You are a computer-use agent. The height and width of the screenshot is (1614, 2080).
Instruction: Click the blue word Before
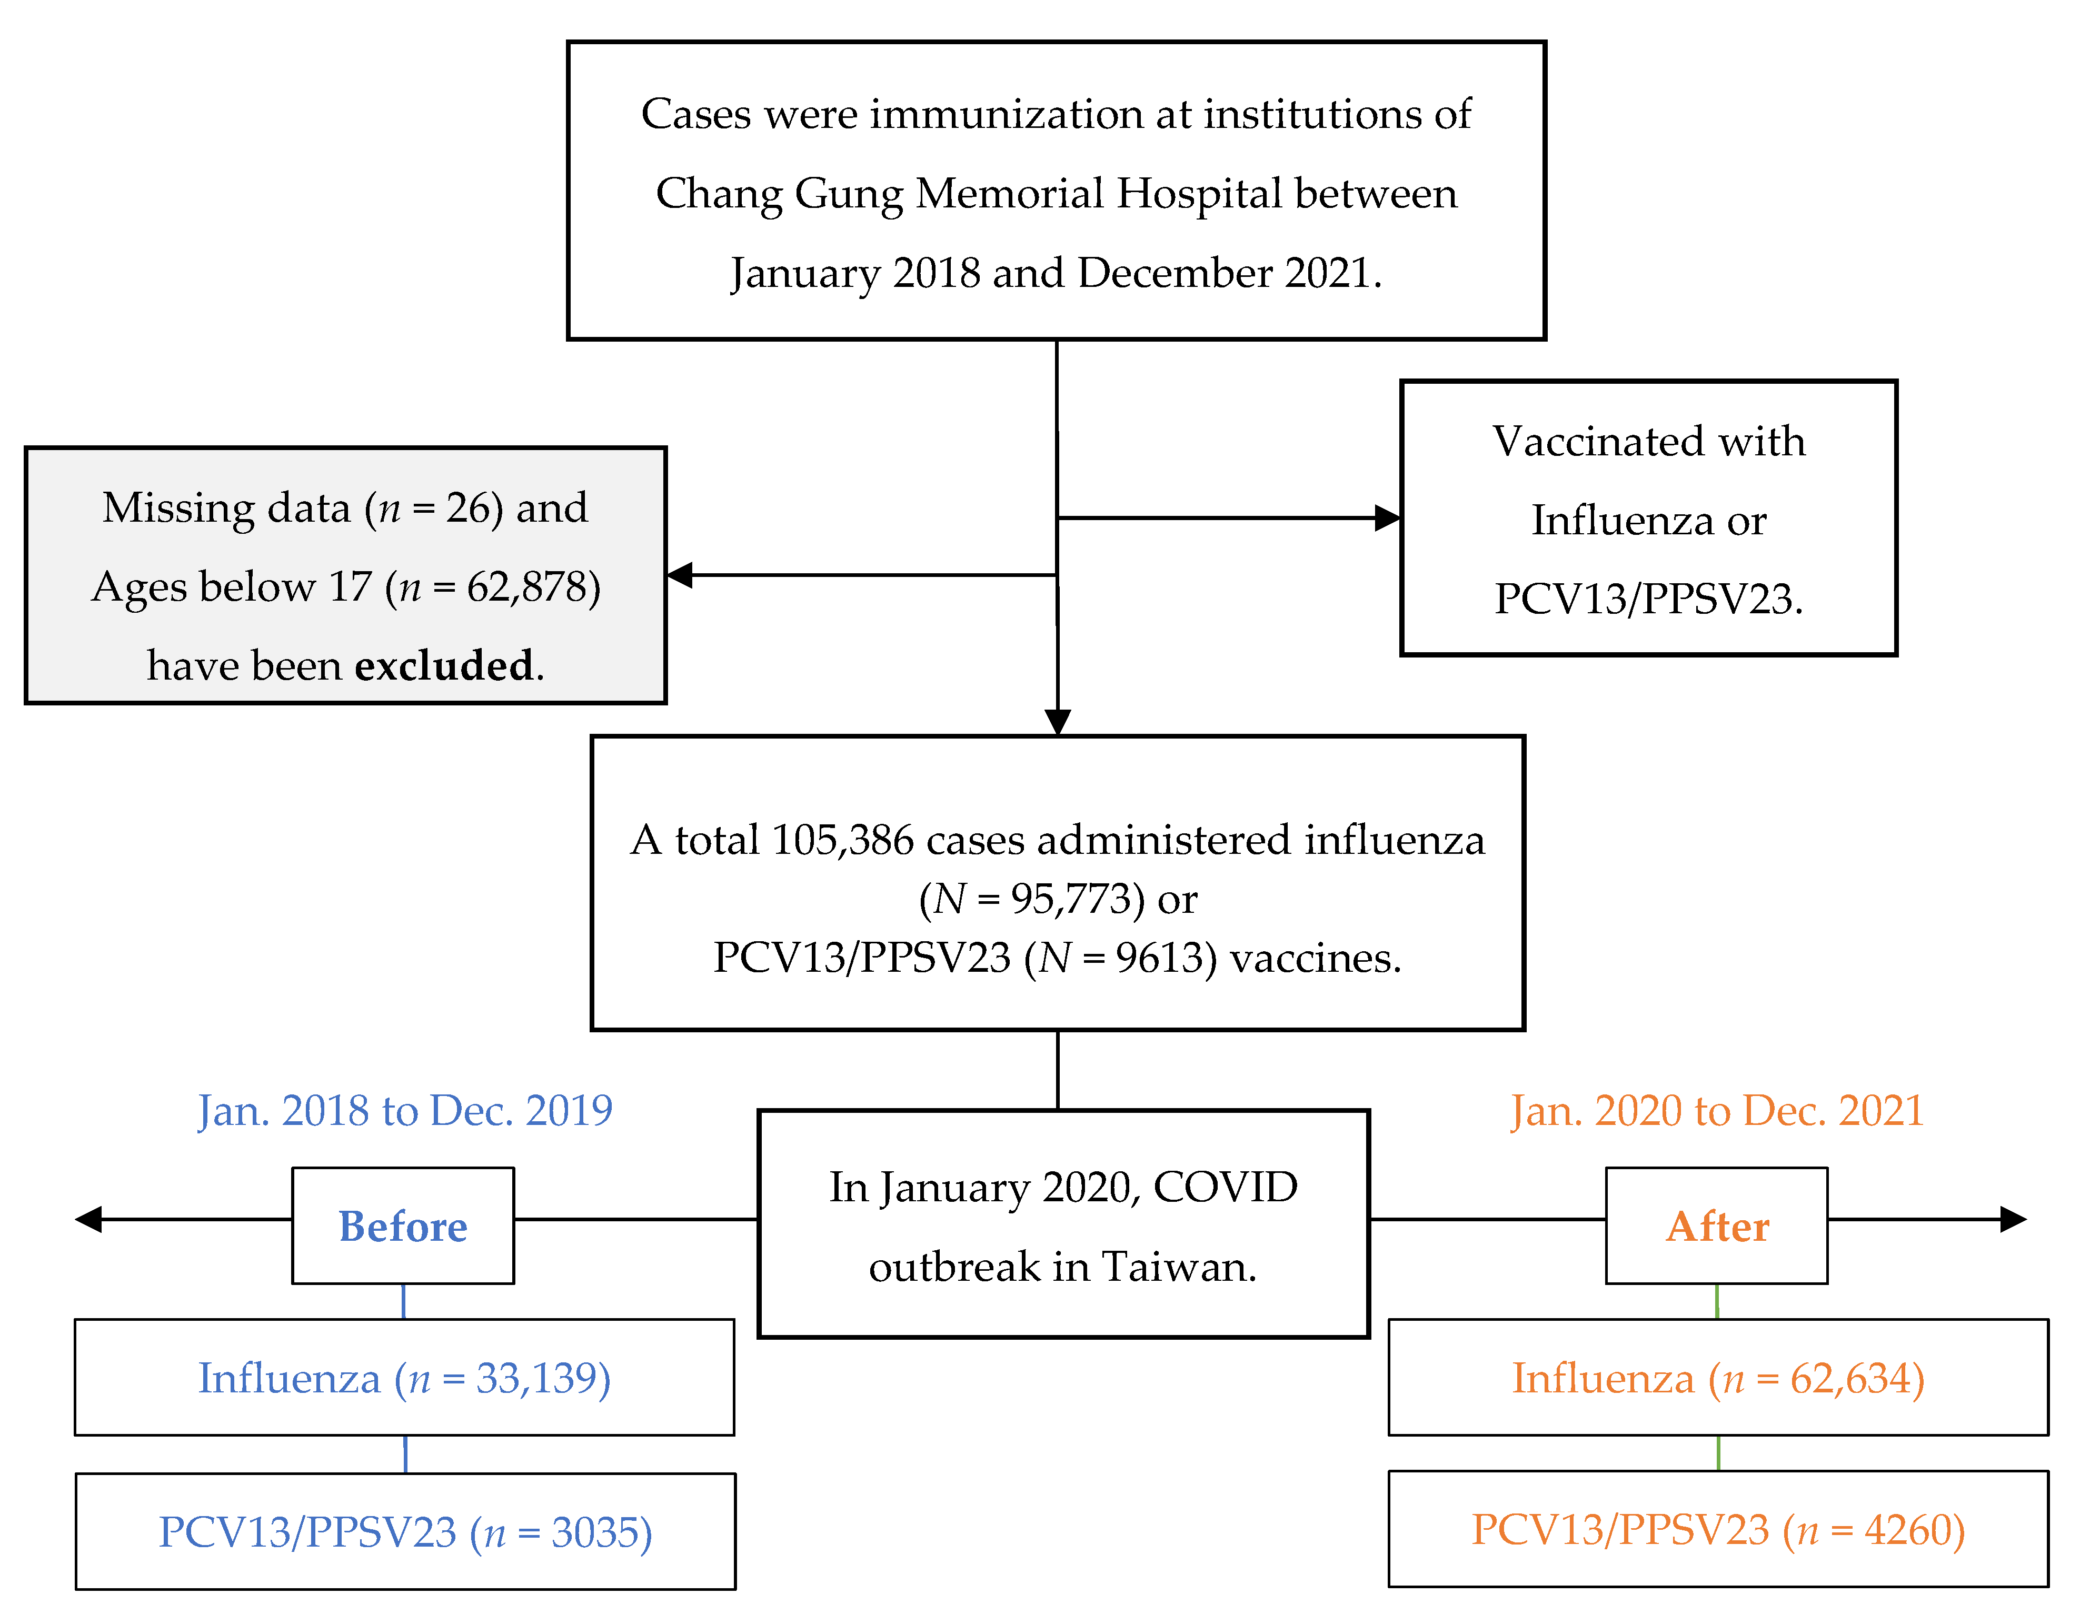403,1227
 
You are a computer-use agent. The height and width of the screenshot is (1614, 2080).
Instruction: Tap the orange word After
1717,1227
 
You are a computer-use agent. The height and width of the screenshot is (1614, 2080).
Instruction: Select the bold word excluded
444,665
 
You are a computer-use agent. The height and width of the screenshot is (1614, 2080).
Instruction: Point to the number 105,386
842,840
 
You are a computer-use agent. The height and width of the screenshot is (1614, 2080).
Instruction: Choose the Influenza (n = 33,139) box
404,1378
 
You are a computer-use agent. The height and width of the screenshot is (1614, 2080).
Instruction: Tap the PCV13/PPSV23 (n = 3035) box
405,1532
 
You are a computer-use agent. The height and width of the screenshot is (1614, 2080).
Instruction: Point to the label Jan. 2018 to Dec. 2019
405,1110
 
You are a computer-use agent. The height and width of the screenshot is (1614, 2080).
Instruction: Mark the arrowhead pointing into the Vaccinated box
1389,518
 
